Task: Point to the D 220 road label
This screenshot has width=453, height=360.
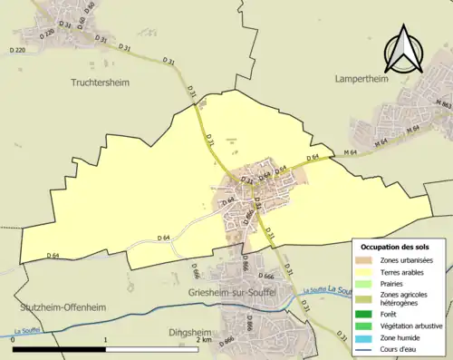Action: [15, 51]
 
